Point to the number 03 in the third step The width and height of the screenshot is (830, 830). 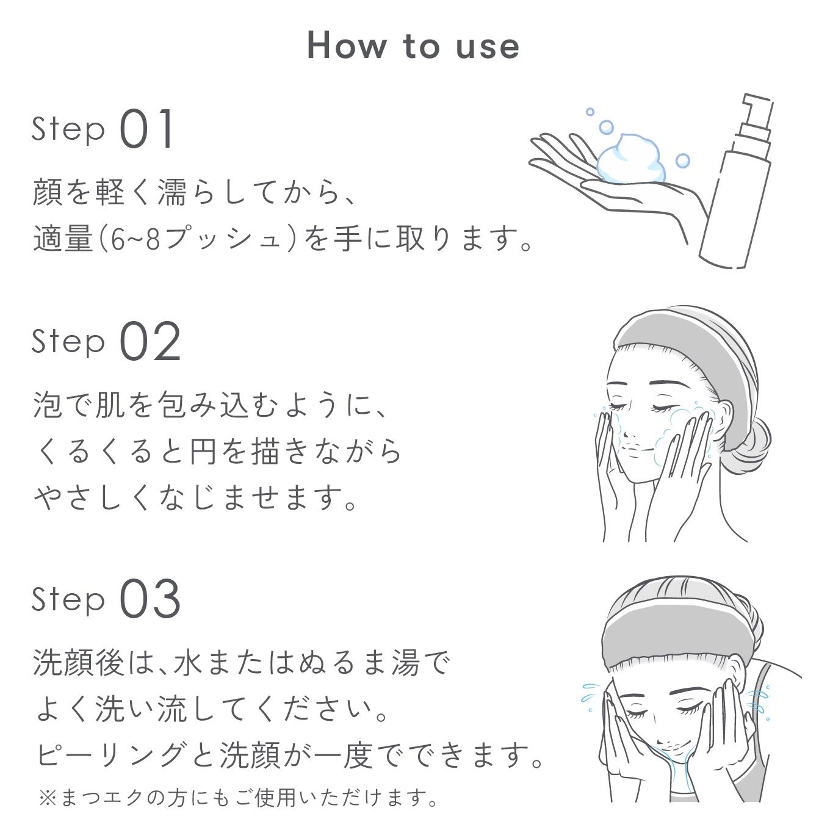click(x=150, y=599)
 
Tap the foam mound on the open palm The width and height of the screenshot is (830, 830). click(x=630, y=159)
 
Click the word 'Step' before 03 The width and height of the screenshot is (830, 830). click(x=68, y=599)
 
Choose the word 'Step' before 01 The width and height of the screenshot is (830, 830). click(x=68, y=129)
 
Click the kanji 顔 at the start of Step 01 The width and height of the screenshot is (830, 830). click(x=48, y=192)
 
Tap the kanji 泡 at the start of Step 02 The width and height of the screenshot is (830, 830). click(x=48, y=405)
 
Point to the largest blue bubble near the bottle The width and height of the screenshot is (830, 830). click(x=606, y=127)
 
